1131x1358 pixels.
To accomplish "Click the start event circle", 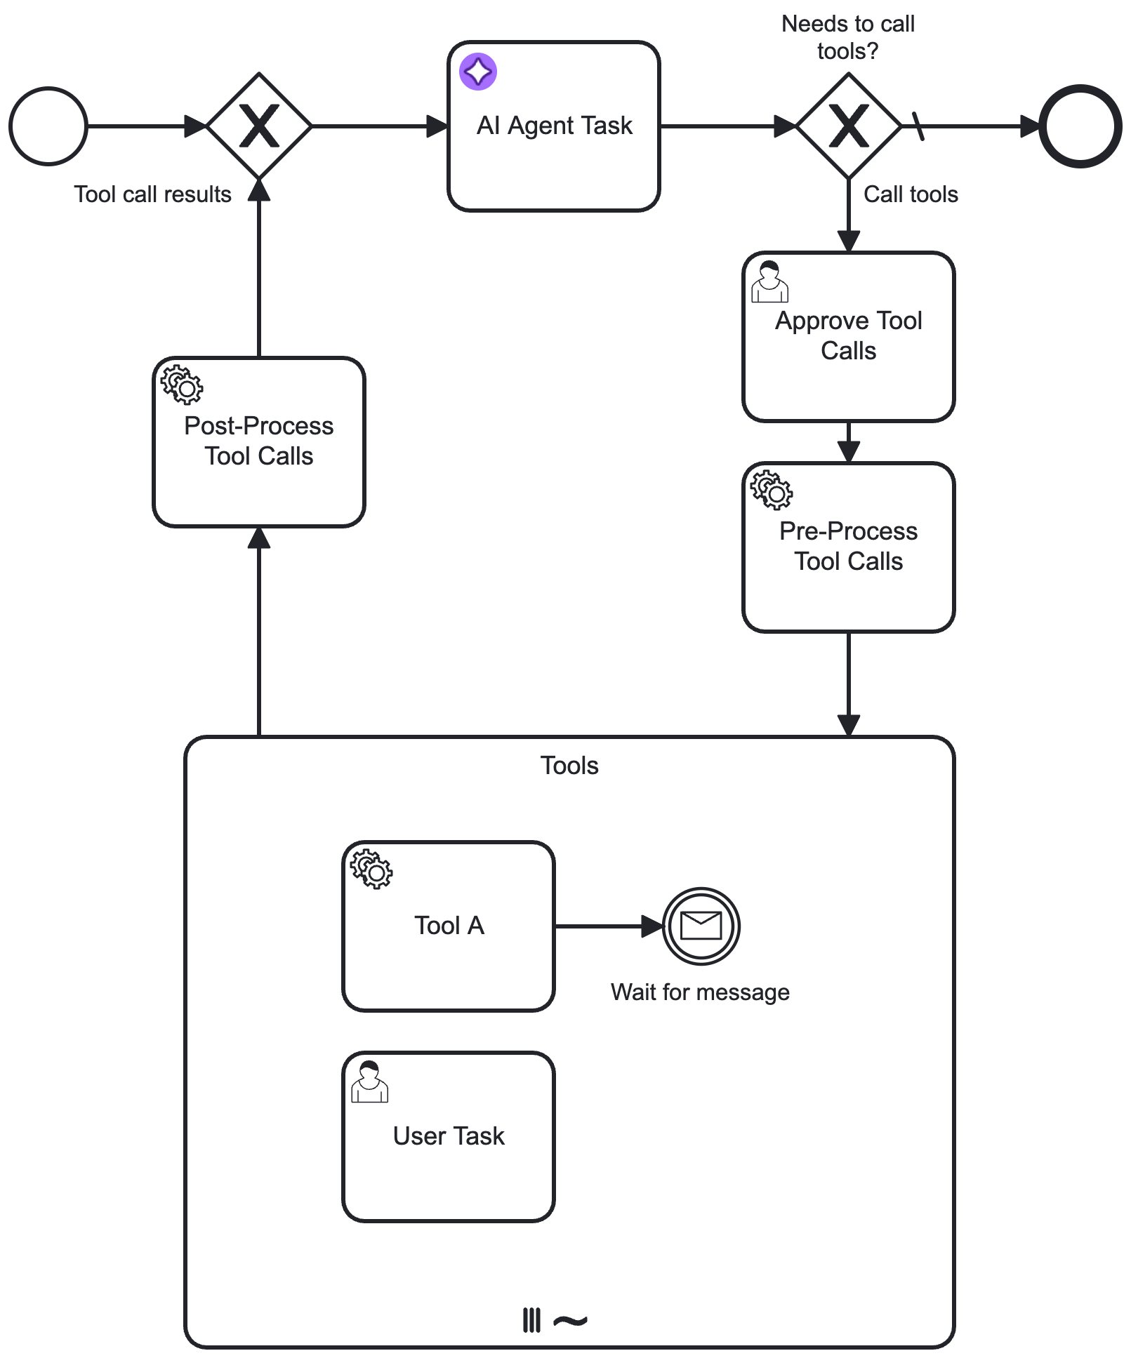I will pos(48,126).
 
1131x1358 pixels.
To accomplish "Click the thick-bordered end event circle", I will pos(1080,126).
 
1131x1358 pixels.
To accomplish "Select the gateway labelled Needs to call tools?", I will pos(849,126).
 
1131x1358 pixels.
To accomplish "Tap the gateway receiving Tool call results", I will pos(260,126).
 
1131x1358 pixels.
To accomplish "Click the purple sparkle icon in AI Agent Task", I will pos(478,72).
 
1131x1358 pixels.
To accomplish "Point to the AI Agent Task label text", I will pos(554,126).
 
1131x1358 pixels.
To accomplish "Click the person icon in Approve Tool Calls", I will pos(769,281).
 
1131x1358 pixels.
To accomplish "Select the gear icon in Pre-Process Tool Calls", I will pos(772,490).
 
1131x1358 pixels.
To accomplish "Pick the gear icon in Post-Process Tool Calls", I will pos(182,385).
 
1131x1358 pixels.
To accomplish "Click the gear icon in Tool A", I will pos(371,870).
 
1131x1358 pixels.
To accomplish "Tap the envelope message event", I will pos(701,926).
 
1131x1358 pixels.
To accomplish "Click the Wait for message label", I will pos(700,992).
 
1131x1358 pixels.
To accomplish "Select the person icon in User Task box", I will pos(369,1081).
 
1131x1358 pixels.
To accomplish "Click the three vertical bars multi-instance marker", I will pos(531,1320).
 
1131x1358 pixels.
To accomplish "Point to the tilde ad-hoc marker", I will pos(570,1322).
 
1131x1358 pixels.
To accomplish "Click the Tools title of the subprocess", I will pos(569,765).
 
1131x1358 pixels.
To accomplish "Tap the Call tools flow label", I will pos(911,194).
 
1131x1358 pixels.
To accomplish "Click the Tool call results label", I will pos(152,194).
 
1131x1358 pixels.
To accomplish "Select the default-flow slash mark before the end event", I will pos(918,126).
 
